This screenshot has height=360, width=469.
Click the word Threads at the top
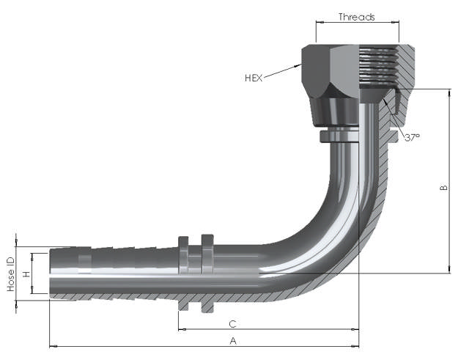pyautogui.click(x=357, y=17)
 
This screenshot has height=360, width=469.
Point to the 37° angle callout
pyautogui.click(x=413, y=137)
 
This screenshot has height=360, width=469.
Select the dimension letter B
pyautogui.click(x=443, y=188)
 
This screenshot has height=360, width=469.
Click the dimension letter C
pyautogui.click(x=232, y=323)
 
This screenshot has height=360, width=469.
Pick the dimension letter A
pyautogui.click(x=234, y=341)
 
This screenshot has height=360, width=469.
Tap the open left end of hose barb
pyautogui.click(x=51, y=274)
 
